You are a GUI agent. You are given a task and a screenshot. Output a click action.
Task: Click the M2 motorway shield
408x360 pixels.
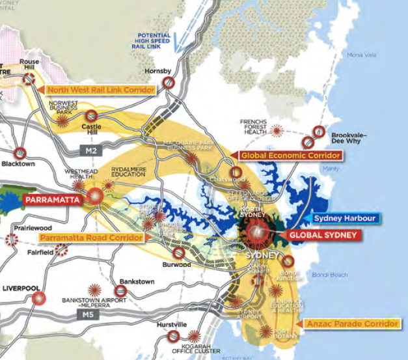(x=90, y=150)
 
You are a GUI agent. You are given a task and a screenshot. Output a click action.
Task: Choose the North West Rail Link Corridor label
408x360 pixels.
(x=100, y=89)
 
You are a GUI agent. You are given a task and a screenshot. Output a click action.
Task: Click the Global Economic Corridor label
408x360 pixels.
(x=290, y=156)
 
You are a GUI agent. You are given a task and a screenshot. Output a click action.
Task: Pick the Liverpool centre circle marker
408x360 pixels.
(x=39, y=299)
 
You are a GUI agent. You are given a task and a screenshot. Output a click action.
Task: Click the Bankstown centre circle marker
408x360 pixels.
(x=121, y=291)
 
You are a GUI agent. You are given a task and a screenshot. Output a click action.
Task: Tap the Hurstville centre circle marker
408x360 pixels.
(x=173, y=336)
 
